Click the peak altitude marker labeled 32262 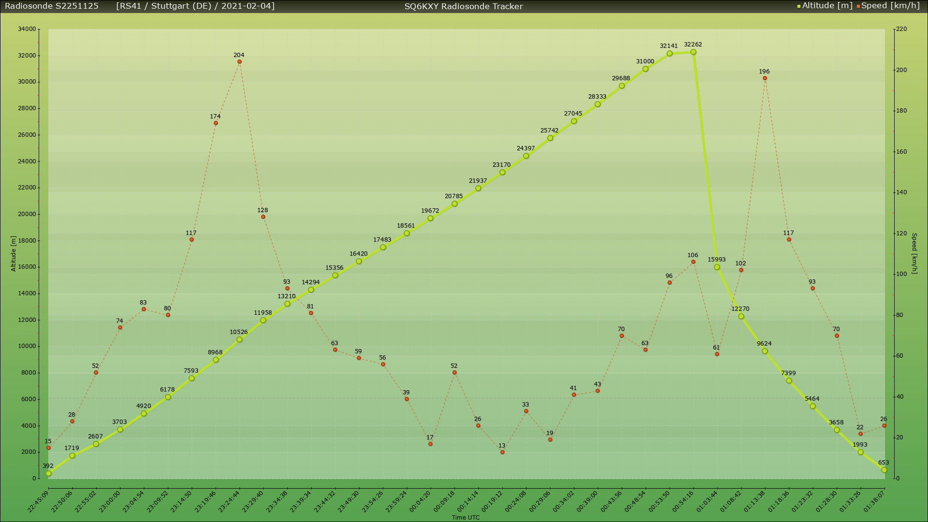click(x=693, y=52)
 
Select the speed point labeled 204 click(x=239, y=62)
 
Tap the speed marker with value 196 click(x=765, y=78)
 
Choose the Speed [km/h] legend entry click(x=889, y=6)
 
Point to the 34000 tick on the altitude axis click(x=27, y=29)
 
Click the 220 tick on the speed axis click(x=901, y=29)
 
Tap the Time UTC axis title click(x=465, y=518)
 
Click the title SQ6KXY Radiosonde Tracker click(x=464, y=6)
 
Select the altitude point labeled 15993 click(x=717, y=267)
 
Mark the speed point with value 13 click(x=502, y=452)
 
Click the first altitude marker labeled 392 click(x=48, y=474)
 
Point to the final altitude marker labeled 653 click(x=884, y=470)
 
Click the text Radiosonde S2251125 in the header click(x=52, y=6)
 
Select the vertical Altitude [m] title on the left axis click(x=14, y=254)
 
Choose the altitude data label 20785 click(x=454, y=196)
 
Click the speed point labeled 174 click(x=216, y=123)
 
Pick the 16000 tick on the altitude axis click(x=27, y=267)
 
